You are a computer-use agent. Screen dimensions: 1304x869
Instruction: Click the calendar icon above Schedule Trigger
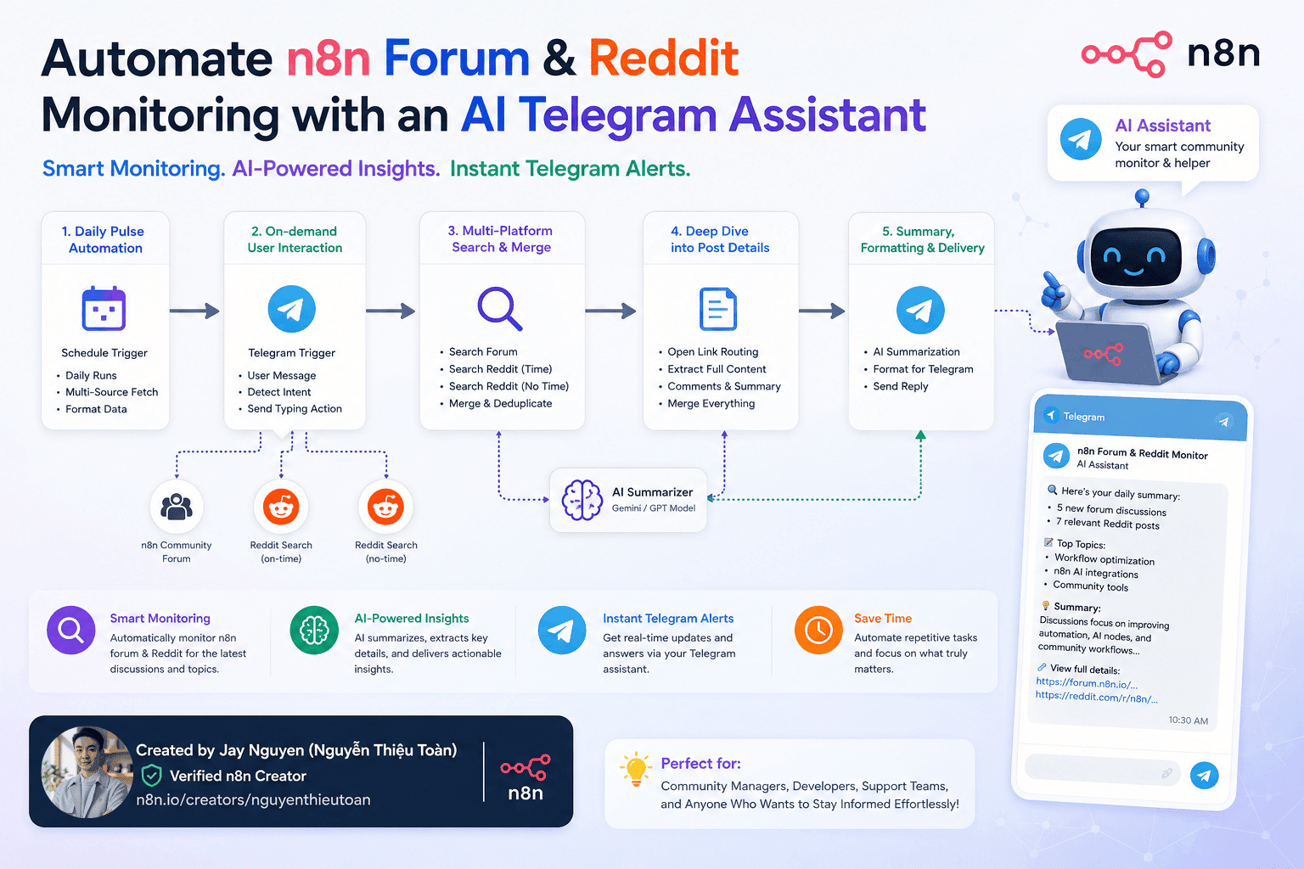click(x=104, y=309)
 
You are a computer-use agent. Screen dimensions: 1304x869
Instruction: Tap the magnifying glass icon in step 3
click(x=499, y=309)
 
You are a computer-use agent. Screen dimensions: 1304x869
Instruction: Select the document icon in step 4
click(x=717, y=309)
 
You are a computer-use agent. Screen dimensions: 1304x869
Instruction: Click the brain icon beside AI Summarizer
click(x=582, y=500)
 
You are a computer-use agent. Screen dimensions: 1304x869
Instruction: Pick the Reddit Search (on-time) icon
click(x=281, y=507)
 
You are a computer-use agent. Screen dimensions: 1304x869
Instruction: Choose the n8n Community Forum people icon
click(x=177, y=507)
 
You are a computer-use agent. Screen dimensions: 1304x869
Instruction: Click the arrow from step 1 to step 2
click(x=194, y=311)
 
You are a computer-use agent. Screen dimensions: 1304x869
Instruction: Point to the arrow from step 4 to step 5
click(x=822, y=311)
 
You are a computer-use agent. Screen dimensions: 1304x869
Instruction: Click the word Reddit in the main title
click(x=664, y=59)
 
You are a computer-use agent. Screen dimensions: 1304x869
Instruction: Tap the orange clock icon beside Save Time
click(x=818, y=630)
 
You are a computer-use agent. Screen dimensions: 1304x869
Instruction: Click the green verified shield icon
click(x=152, y=776)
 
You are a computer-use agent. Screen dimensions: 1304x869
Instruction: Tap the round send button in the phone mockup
click(x=1204, y=776)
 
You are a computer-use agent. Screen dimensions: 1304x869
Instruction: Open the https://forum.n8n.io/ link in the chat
click(x=1087, y=683)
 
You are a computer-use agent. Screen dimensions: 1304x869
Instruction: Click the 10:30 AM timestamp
click(x=1189, y=720)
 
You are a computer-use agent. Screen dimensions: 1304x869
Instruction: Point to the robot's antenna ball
click(x=1142, y=195)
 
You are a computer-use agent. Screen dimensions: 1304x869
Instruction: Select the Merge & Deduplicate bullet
click(x=500, y=403)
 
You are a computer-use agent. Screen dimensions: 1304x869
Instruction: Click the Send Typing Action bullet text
click(x=295, y=408)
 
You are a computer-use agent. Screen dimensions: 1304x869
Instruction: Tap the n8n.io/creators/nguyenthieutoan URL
click(x=253, y=799)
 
